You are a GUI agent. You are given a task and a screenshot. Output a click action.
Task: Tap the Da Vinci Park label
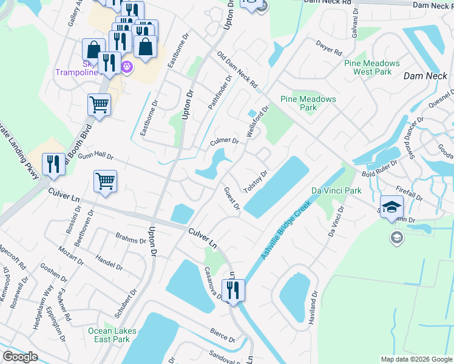tap(336, 190)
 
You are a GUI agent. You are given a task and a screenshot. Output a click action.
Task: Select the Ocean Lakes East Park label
tap(109, 335)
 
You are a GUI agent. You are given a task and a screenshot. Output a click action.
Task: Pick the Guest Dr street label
tap(231, 199)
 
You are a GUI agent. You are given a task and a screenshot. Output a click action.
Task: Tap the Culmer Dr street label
tap(224, 141)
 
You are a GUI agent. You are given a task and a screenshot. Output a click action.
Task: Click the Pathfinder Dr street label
tap(220, 92)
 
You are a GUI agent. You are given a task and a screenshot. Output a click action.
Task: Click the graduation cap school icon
tap(391, 206)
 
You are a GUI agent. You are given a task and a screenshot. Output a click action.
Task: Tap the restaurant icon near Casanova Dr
tap(233, 290)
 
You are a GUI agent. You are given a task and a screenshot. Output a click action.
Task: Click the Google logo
tap(20, 357)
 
